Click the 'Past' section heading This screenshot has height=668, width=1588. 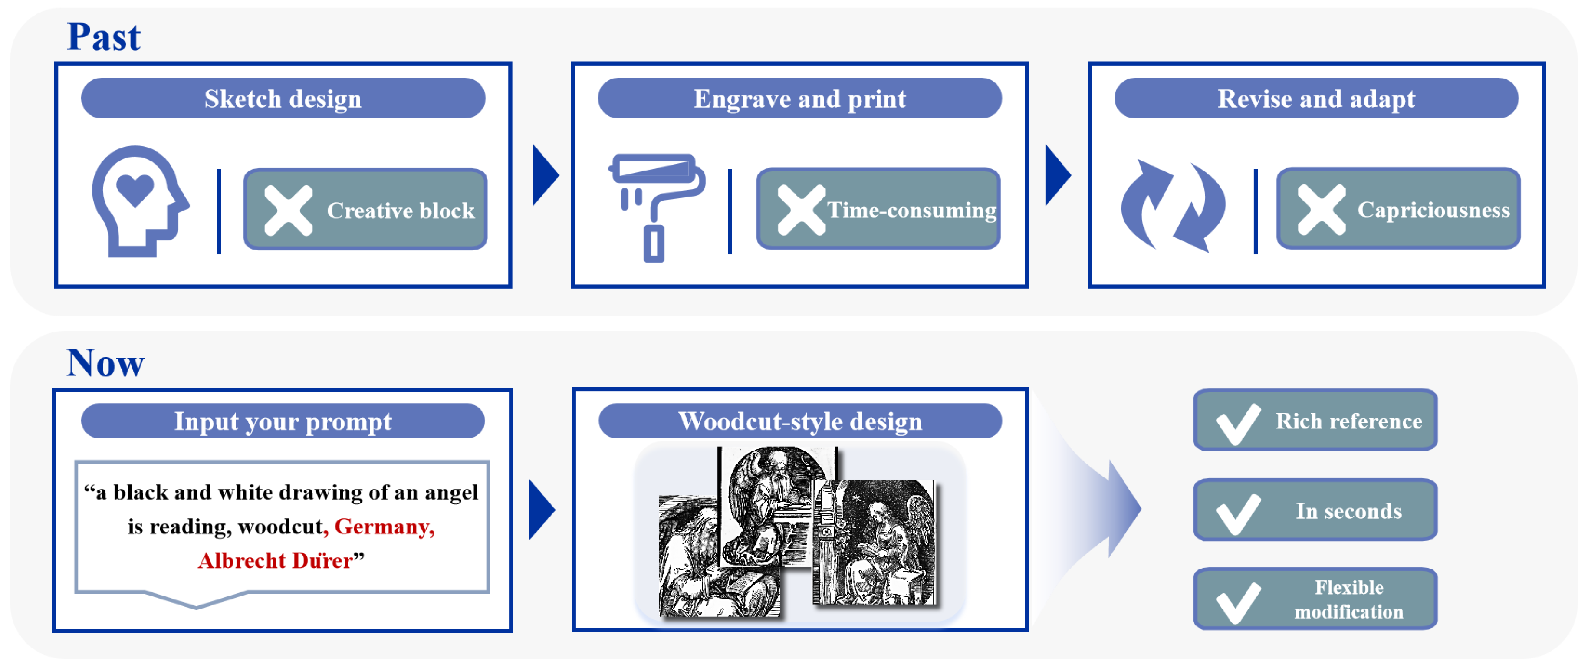(104, 37)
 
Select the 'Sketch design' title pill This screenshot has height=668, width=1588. (283, 99)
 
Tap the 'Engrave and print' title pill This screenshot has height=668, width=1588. (799, 99)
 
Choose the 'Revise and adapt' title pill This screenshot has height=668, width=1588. (1316, 99)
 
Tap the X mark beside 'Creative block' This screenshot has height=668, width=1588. (288, 211)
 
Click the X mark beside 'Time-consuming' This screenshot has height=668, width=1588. (801, 211)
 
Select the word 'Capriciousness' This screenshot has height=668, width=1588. (1433, 211)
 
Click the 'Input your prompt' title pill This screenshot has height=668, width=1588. (283, 422)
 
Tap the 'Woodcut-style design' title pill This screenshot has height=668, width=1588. (799, 422)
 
